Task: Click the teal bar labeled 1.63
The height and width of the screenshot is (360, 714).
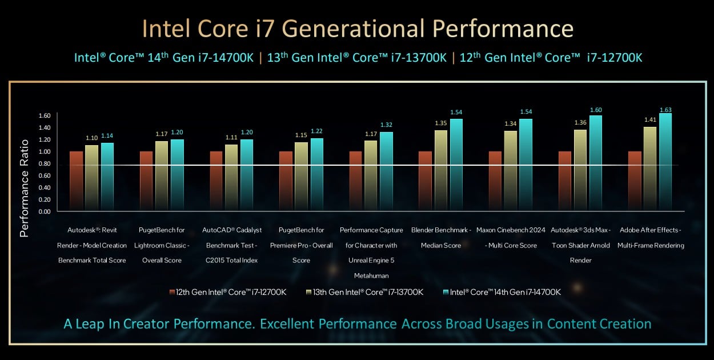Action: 665,162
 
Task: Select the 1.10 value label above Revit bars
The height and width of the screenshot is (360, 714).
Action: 91,138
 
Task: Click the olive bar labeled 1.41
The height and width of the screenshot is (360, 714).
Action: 649,169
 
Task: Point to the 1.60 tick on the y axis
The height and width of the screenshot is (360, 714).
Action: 45,115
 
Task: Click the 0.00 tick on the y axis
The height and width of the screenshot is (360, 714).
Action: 45,211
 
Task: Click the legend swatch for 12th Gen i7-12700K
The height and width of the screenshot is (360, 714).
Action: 172,292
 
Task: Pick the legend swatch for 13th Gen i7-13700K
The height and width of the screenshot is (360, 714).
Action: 308,292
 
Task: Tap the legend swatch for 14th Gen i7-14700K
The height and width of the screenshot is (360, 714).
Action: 446,292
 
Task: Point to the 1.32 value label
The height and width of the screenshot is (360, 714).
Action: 387,125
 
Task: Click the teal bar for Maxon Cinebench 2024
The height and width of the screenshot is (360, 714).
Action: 526,165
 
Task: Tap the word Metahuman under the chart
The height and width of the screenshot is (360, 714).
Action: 371,275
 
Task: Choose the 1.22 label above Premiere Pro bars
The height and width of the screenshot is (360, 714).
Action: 316,131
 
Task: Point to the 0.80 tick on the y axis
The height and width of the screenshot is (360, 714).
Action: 45,163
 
